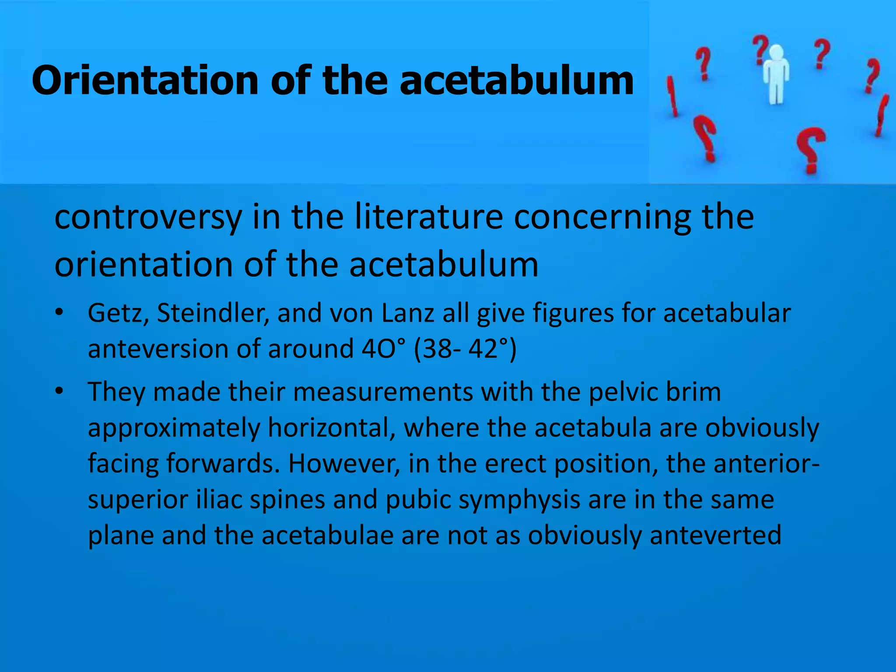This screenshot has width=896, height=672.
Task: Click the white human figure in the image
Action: (x=776, y=74)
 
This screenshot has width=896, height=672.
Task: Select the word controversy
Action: (x=148, y=217)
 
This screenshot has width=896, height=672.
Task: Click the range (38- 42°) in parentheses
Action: (x=465, y=349)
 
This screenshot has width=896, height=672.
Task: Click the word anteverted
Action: (x=715, y=535)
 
